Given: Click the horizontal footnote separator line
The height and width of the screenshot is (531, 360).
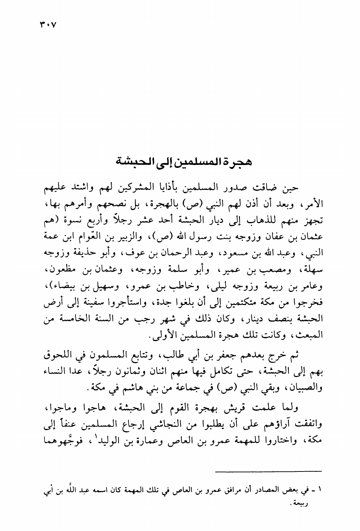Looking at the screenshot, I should pos(269,471).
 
